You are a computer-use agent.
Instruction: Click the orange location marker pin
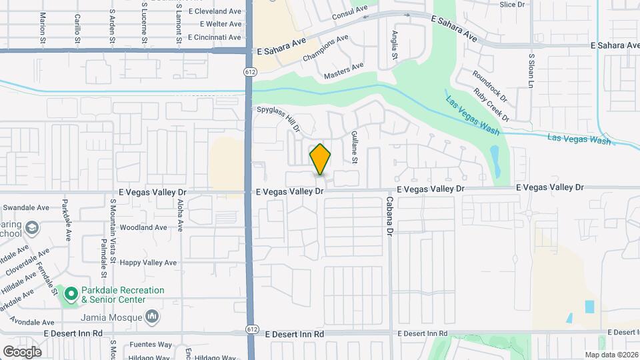pos(320,159)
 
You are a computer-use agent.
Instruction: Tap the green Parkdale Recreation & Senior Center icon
pos(71,293)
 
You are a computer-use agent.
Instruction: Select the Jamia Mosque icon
pos(153,315)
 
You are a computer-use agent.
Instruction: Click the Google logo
pos(22,352)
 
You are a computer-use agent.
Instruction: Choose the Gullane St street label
pos(355,147)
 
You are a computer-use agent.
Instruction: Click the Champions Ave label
pos(326,49)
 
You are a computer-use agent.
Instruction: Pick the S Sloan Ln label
pos(531,71)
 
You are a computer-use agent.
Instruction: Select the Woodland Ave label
pos(143,227)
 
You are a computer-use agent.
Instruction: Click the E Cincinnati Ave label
pos(215,37)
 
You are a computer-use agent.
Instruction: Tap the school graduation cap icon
pos(31,229)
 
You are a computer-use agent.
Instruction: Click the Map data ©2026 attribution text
pos(611,355)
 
